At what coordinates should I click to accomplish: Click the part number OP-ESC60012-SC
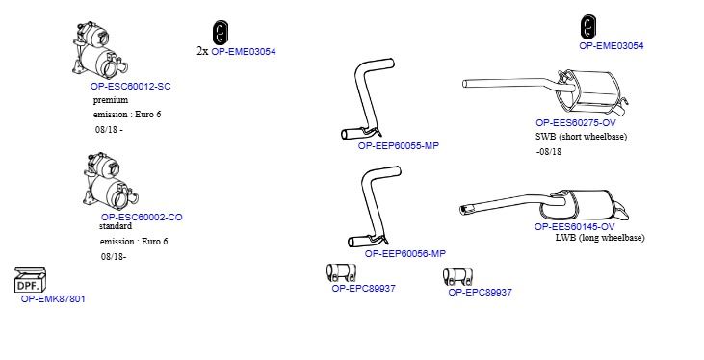pos(131,87)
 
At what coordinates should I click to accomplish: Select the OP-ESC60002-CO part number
pos(142,218)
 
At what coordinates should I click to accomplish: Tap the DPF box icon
pos(30,280)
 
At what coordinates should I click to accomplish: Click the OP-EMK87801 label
pos(53,299)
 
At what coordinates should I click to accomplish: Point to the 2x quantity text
pos(202,51)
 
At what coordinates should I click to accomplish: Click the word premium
pos(111,100)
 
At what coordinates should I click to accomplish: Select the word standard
pos(116,226)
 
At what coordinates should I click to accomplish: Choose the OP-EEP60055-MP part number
pos(399,146)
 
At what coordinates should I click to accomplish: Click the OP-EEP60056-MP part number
pos(405,253)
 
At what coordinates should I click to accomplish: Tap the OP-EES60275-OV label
pos(576,122)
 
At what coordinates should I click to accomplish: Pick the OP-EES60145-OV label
pos(574,227)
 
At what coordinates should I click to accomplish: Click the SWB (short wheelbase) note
pos(581,137)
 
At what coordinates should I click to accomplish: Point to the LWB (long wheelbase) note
pos(600,238)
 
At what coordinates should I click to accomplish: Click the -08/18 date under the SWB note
pos(549,152)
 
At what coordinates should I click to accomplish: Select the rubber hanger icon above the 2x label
pos(220,33)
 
